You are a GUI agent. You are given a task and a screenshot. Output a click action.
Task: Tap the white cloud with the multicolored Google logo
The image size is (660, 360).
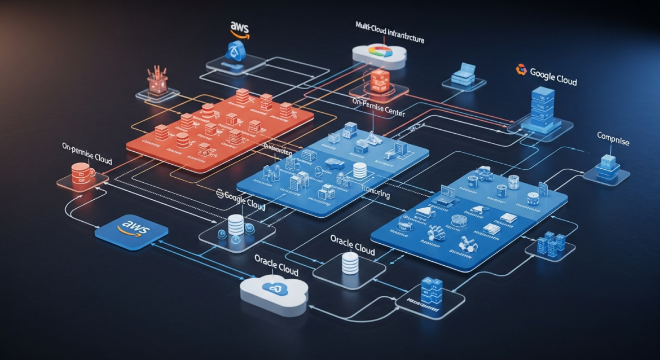[379, 52]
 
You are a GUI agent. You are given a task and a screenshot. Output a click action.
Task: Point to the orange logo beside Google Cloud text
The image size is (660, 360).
[521, 70]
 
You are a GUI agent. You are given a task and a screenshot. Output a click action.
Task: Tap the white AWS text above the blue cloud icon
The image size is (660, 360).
[240, 27]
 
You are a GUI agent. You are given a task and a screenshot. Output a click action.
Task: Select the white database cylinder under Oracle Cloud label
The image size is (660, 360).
[350, 263]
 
